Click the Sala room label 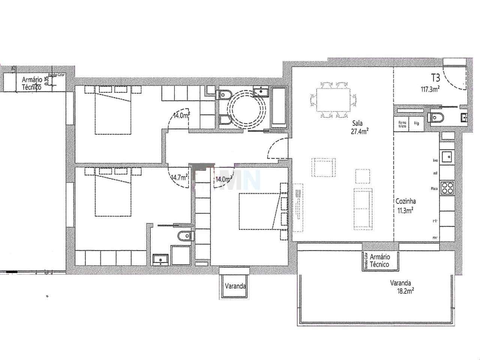pos(357,123)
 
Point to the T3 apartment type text pos(435,78)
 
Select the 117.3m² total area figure pos(430,89)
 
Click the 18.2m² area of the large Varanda pos(406,291)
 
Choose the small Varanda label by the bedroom pos(235,286)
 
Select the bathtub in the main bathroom pos(278,107)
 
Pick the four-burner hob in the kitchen pos(447,187)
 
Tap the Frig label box pos(416,123)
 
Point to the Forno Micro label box pos(402,124)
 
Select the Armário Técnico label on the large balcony pos(379,261)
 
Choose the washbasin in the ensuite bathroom pos(160,259)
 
